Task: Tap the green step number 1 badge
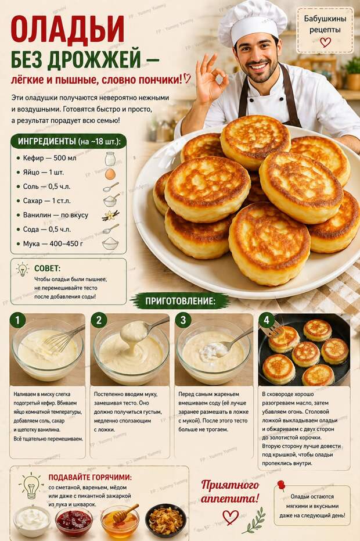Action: click(18, 320)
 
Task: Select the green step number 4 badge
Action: click(267, 320)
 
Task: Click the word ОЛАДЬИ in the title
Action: click(67, 30)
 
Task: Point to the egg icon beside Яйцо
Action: click(110, 174)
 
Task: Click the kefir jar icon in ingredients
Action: click(110, 158)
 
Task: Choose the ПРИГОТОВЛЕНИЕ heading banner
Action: click(180, 301)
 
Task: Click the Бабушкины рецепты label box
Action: click(325, 29)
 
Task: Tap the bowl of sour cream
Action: click(32, 519)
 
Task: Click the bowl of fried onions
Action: click(165, 519)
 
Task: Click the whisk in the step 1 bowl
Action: click(61, 341)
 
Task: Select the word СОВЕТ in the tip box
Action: click(47, 268)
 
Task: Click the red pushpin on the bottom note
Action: click(281, 485)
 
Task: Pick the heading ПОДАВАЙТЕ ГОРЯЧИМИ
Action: click(89, 477)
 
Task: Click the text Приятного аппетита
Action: click(231, 491)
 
